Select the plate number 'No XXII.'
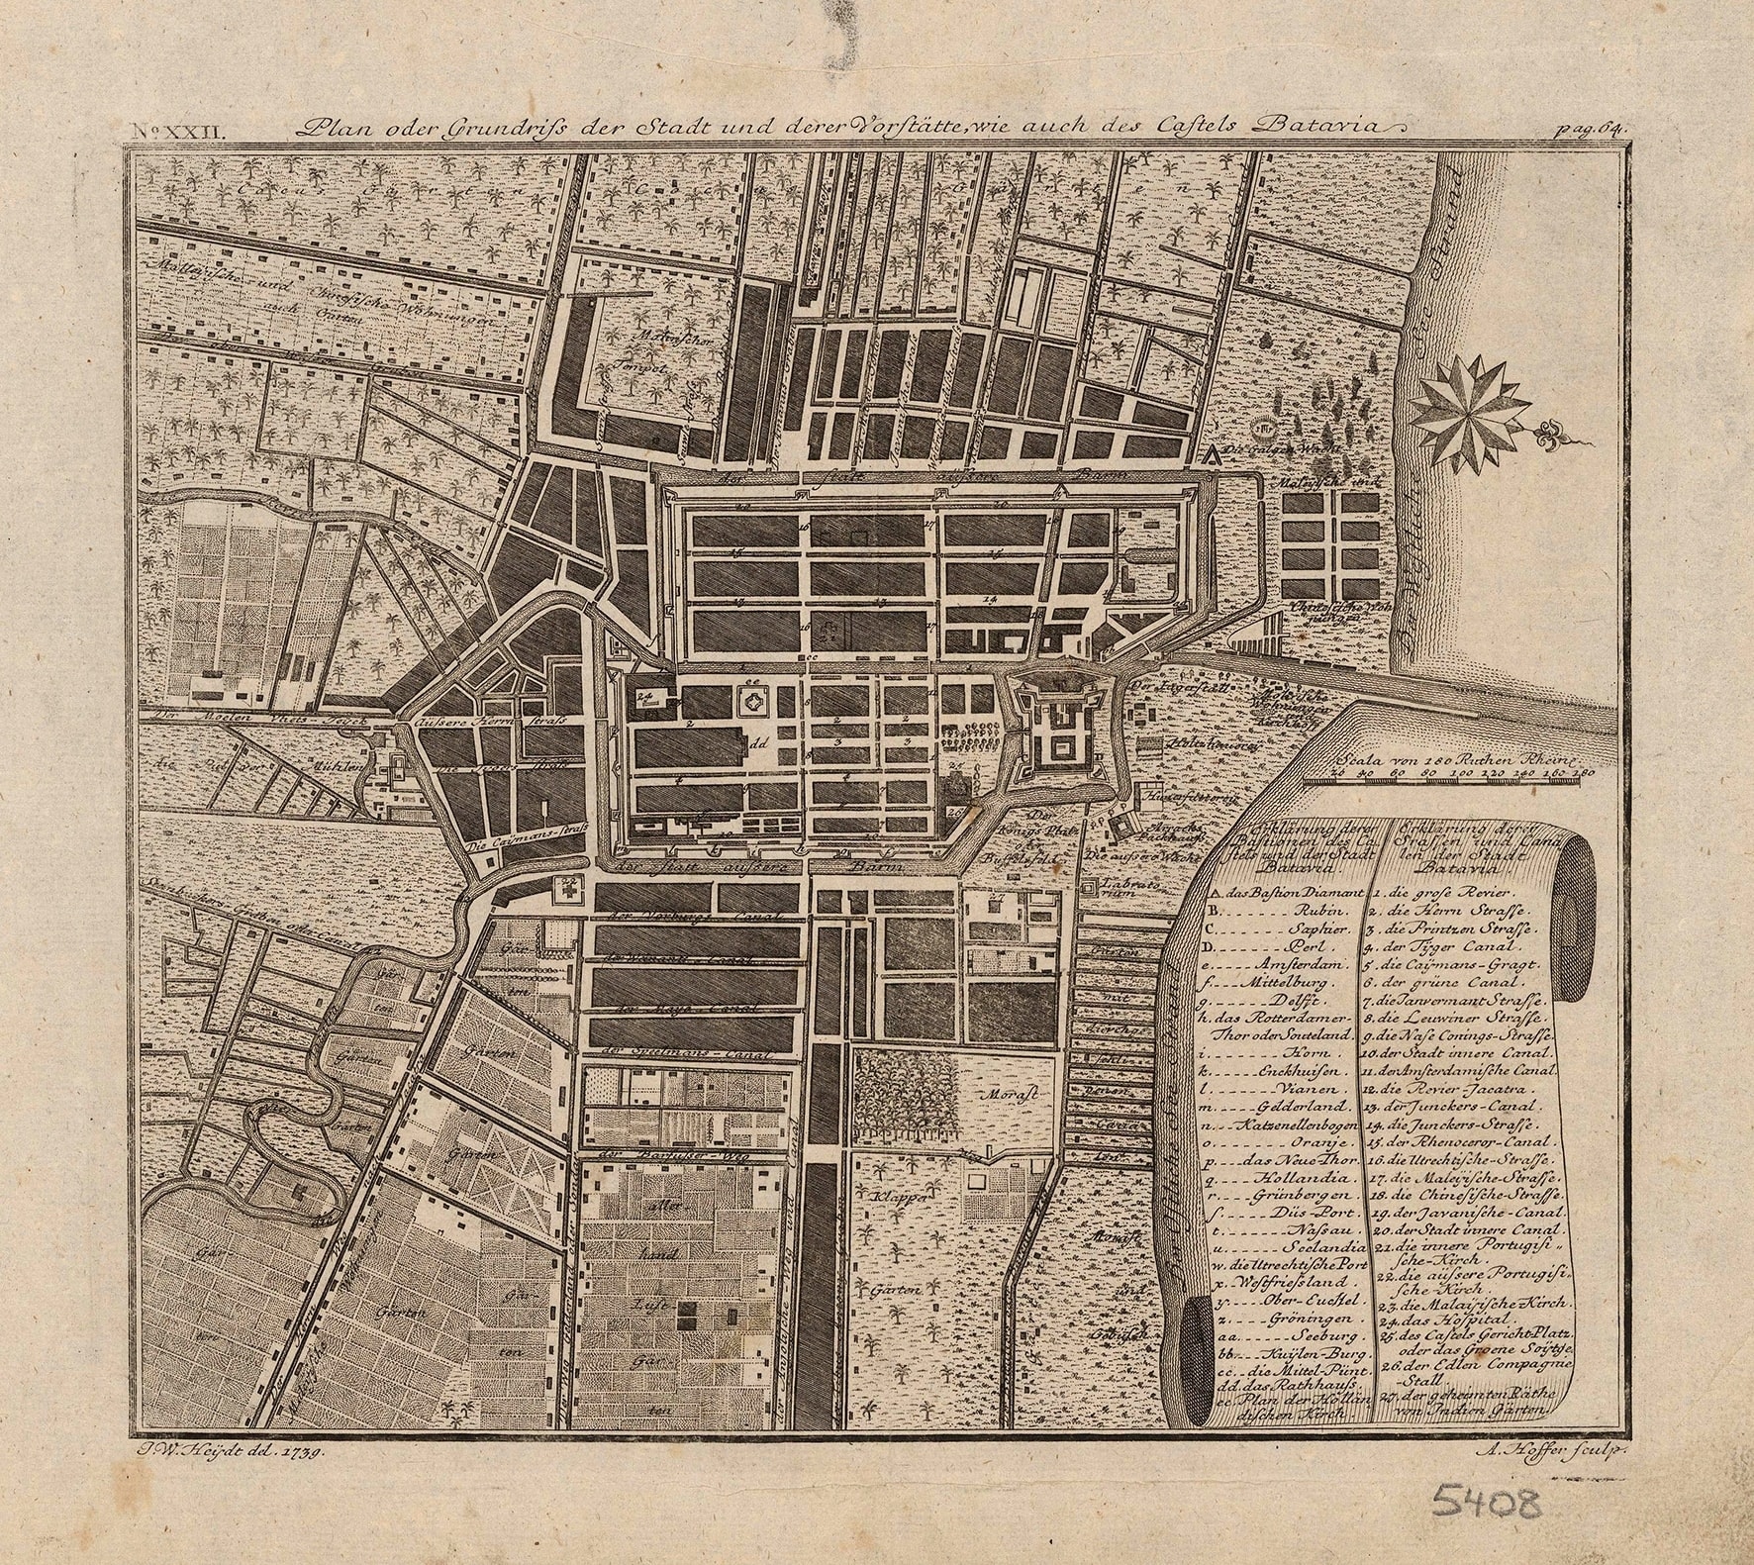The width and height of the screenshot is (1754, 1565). coord(158,129)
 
